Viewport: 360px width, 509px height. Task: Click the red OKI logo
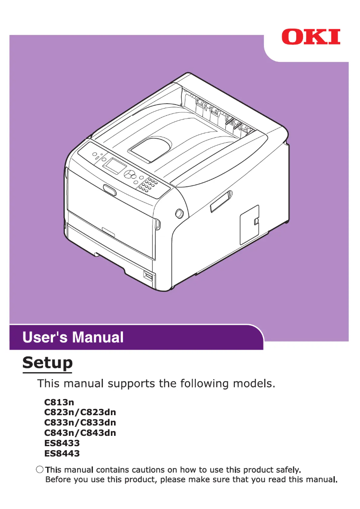(x=311, y=36)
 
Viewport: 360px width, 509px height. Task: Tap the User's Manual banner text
(x=73, y=337)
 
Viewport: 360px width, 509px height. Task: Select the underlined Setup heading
(x=48, y=362)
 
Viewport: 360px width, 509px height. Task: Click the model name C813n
(x=59, y=402)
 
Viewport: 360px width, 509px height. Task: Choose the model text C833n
(x=59, y=423)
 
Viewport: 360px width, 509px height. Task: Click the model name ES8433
(x=62, y=443)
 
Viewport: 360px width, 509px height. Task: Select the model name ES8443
(x=62, y=454)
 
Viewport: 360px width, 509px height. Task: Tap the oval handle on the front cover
(x=109, y=190)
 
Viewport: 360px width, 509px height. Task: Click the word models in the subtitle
(x=250, y=384)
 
